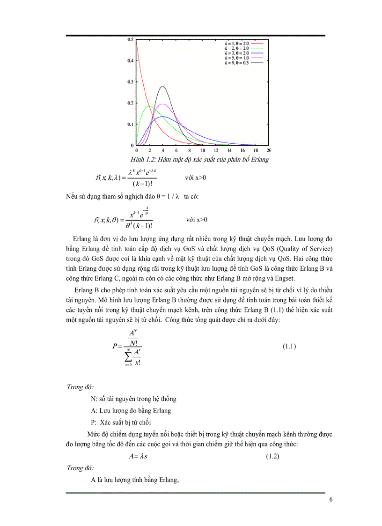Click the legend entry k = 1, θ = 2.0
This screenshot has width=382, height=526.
point(236,43)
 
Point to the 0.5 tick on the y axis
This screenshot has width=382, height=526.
point(130,39)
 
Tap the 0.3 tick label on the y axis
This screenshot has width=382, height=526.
point(130,81)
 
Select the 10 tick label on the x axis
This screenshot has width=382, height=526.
point(203,150)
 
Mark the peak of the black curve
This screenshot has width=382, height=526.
point(162,86)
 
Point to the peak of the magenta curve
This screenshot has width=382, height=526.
point(162,104)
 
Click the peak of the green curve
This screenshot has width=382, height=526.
point(149,106)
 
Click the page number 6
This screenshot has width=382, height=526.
point(331,499)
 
